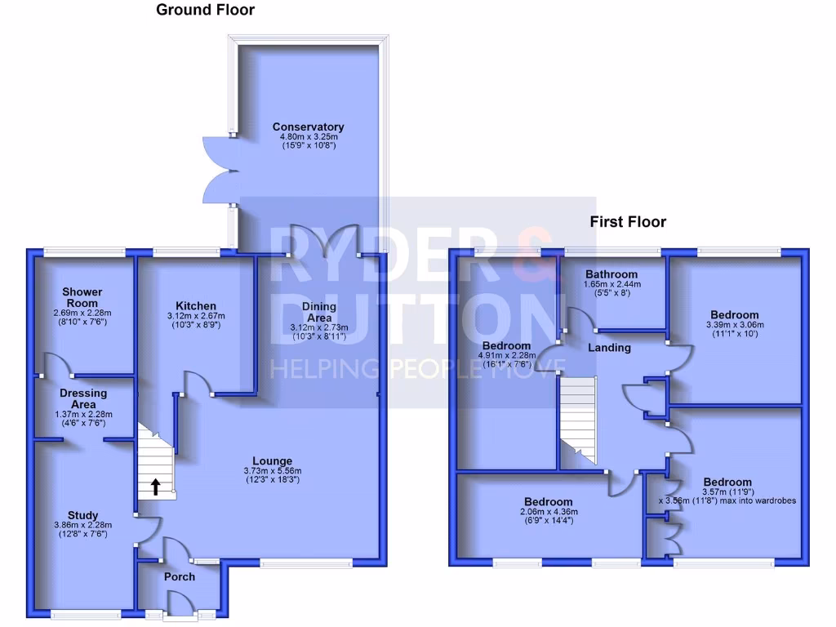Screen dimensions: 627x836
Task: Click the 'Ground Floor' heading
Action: [x=205, y=11]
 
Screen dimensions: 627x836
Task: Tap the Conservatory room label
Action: [x=308, y=127]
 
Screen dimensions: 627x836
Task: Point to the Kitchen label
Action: [x=197, y=306]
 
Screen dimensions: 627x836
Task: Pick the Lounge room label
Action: [x=272, y=461]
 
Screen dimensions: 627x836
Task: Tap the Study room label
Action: [x=82, y=515]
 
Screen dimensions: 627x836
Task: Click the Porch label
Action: [x=180, y=576]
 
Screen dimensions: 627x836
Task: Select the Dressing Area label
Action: [x=82, y=398]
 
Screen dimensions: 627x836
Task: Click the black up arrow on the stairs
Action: [x=155, y=487]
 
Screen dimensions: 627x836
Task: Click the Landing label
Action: [x=610, y=348]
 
